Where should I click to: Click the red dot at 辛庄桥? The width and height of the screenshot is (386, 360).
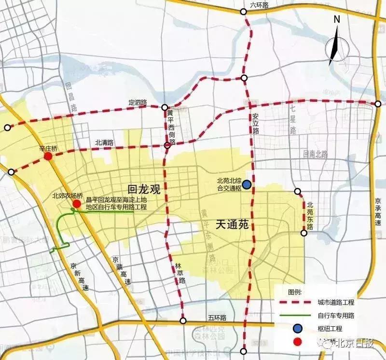coord(48,157)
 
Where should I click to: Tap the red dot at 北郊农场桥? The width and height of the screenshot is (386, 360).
coord(77,204)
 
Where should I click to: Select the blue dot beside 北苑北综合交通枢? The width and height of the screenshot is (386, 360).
coord(247,184)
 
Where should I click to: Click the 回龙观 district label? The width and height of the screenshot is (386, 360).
coord(143,189)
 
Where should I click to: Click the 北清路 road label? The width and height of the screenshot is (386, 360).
coord(104,142)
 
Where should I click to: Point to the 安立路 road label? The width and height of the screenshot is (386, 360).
coord(256,124)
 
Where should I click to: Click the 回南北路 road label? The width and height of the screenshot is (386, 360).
coord(316,154)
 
